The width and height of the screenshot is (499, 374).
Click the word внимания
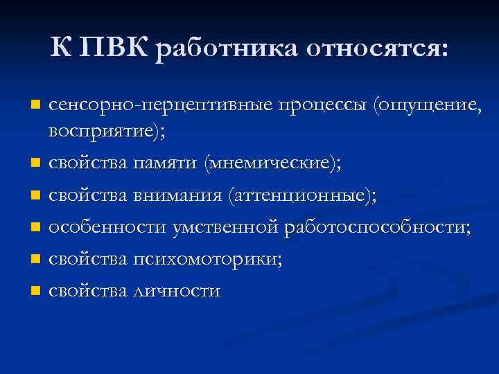[181, 197]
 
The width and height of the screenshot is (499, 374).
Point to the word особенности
[100, 228]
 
